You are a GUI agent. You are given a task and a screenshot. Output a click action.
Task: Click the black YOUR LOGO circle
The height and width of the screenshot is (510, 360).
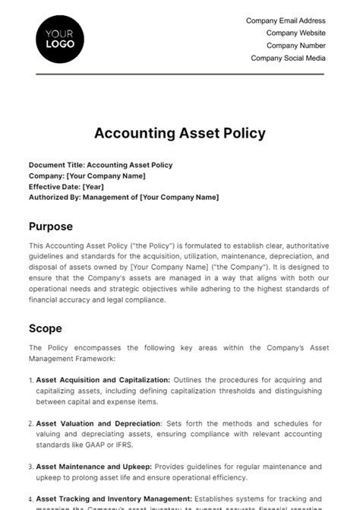tap(60, 39)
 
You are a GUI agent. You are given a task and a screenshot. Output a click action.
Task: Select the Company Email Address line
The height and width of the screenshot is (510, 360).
tap(286, 21)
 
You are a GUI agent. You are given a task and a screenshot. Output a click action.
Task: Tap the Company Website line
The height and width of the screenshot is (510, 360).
tap(295, 33)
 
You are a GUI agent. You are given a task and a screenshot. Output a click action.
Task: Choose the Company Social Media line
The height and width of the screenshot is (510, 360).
tap(288, 58)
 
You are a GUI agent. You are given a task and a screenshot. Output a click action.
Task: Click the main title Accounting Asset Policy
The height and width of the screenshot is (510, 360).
tap(180, 133)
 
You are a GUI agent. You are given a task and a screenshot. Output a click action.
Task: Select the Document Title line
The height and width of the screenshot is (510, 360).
tap(100, 165)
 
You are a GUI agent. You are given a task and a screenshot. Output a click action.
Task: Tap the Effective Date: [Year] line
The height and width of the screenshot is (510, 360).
tap(66, 186)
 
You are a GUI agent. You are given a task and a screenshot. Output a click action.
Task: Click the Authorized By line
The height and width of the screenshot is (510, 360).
tap(123, 197)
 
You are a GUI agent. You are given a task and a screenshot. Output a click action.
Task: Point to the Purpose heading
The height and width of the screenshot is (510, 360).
tap(51, 226)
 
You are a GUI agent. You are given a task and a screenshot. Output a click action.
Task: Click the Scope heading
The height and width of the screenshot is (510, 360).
tap(46, 328)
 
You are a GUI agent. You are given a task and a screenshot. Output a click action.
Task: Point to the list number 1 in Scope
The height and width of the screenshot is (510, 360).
tap(30, 380)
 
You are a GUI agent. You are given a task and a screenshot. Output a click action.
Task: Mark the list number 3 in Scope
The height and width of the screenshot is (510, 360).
tap(30, 467)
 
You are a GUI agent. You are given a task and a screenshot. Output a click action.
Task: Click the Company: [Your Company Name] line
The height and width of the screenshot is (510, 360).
tap(87, 176)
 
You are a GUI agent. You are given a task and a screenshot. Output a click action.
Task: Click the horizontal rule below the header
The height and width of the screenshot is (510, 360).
tap(180, 74)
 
